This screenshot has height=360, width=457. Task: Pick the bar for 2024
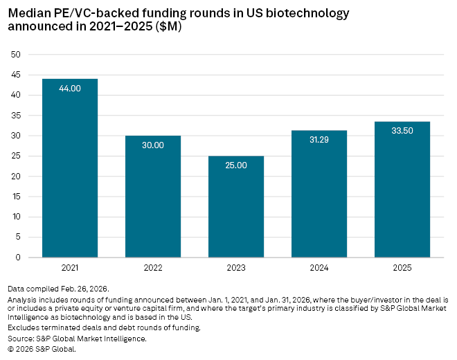(x=319, y=194)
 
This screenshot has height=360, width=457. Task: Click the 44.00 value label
(x=70, y=88)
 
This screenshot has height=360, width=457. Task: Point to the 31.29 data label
(x=319, y=140)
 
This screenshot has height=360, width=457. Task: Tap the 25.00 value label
(x=236, y=165)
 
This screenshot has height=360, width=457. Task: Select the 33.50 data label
(x=402, y=131)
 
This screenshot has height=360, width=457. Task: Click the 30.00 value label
(x=153, y=145)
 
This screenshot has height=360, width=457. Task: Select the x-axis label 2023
(x=236, y=267)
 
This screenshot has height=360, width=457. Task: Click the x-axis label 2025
(x=402, y=267)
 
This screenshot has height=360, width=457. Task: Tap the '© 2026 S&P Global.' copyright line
(x=42, y=349)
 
